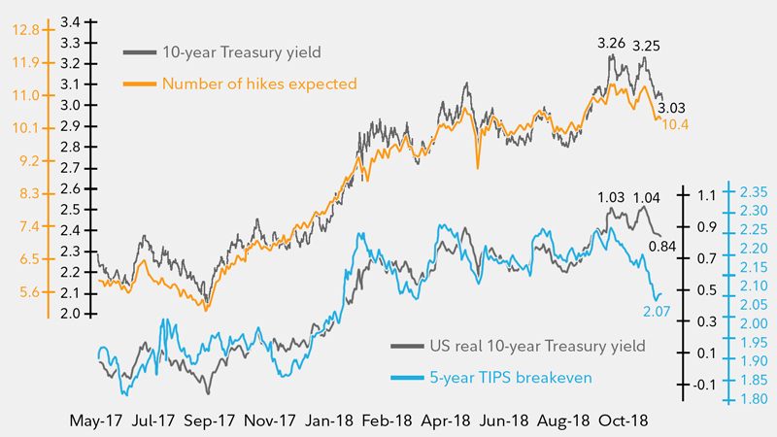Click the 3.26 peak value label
tap(611, 44)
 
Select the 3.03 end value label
tap(672, 108)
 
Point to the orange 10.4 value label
tap(677, 125)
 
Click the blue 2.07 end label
tap(657, 311)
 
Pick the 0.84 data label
tap(663, 247)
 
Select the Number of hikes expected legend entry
tap(260, 84)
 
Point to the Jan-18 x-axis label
tap(331, 421)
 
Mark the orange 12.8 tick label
tap(27, 30)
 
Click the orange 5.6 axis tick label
tap(30, 291)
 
